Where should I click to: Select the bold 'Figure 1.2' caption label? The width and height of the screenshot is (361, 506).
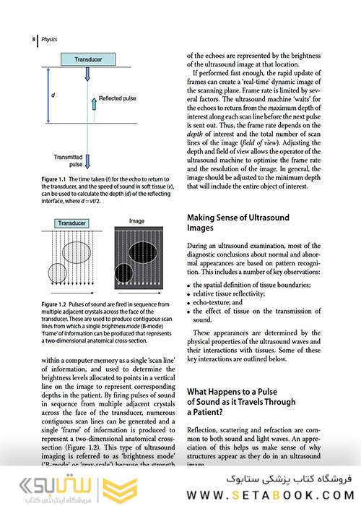[x=55, y=305]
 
